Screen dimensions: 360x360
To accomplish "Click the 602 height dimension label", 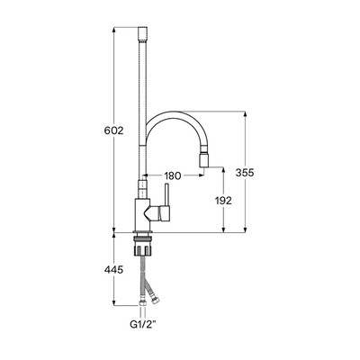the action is click(113, 130).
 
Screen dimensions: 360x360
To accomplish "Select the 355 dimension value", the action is click(245, 173).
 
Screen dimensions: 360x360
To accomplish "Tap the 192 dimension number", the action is click(223, 201).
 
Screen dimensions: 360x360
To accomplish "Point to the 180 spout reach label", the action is click(173, 176).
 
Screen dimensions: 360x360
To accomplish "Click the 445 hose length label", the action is click(113, 270).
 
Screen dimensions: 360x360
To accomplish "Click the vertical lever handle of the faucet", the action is click(166, 194).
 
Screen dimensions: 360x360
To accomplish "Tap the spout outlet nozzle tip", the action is click(205, 161).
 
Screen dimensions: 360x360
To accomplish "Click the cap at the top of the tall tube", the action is click(142, 35).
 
